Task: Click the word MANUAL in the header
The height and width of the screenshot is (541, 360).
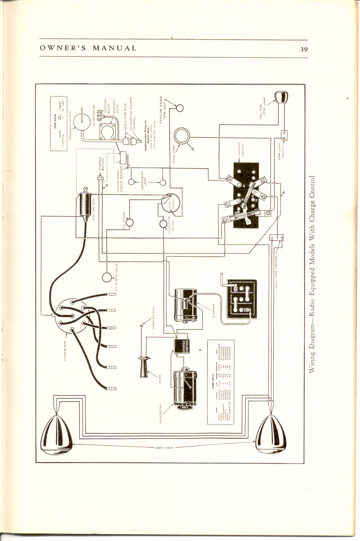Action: tap(114, 48)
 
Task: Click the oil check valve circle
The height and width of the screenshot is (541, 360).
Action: tap(107, 277)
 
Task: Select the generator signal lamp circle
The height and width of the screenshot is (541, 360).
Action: tap(163, 223)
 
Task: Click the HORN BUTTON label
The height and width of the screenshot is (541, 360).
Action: tap(154, 318)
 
